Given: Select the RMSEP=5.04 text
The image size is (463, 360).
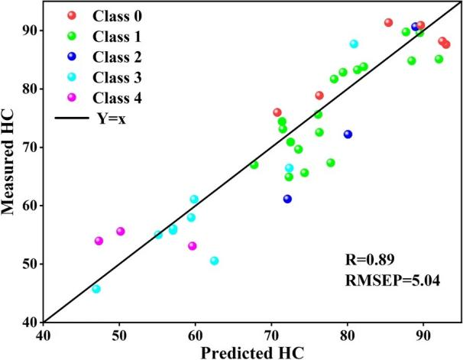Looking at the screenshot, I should click(390, 281).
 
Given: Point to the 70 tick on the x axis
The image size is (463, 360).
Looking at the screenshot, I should click(271, 332).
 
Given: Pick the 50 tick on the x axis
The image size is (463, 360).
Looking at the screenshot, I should click(119, 332).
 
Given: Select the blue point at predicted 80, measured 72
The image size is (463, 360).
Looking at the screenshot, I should click(348, 134).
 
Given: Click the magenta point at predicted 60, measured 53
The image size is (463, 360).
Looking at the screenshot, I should click(192, 246).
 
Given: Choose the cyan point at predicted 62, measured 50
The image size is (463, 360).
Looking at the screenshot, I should click(214, 261).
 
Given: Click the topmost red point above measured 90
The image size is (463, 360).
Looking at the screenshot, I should click(388, 23).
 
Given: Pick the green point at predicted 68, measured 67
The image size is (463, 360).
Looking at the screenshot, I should click(254, 164).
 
